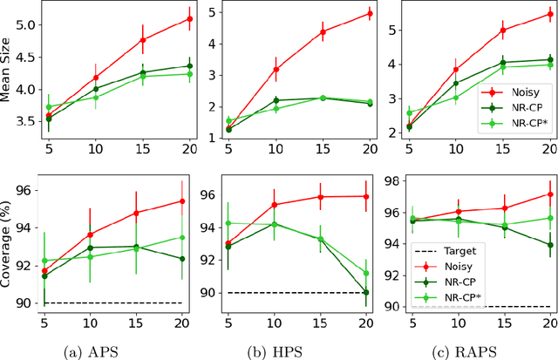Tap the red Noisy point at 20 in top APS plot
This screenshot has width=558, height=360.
191,18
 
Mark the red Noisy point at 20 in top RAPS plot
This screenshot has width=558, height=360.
549,14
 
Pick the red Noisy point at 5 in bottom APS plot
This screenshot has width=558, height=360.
46,271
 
